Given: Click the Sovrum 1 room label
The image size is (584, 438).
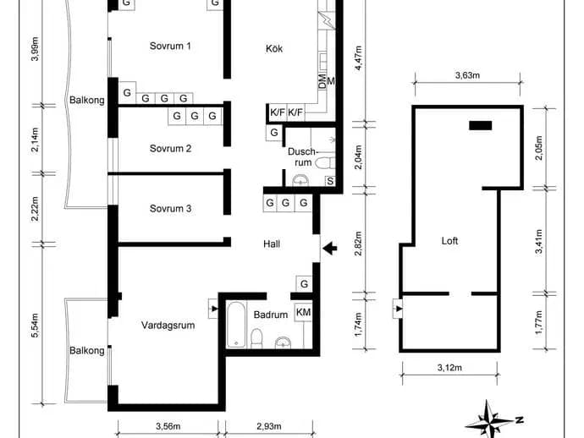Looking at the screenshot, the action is click(x=170, y=46).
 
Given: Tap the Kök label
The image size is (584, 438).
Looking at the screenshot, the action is click(x=274, y=48).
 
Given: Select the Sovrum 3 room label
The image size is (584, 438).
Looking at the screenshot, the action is click(x=171, y=208).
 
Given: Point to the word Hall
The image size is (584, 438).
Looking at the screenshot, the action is click(x=272, y=244).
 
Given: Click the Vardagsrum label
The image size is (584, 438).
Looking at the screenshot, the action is click(x=168, y=326).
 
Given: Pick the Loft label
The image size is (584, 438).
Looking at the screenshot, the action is click(x=449, y=241).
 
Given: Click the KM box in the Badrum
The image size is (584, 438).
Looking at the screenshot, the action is click(x=304, y=312).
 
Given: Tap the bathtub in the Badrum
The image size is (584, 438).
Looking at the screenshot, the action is click(x=236, y=325).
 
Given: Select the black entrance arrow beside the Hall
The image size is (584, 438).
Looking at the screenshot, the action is click(x=329, y=249).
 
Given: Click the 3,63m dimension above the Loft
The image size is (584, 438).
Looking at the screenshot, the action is click(x=467, y=75).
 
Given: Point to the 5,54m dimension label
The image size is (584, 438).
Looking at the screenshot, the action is click(x=35, y=326).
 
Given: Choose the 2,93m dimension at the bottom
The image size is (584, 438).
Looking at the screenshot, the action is click(x=269, y=426).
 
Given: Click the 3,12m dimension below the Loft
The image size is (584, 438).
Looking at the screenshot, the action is click(x=449, y=368).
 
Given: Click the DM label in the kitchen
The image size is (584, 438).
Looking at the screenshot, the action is click(x=322, y=81).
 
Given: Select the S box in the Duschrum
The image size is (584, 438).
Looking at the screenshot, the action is click(x=330, y=181).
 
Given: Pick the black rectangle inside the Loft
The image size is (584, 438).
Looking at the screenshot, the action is click(x=481, y=125).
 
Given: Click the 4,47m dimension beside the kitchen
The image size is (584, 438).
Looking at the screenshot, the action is click(x=358, y=58).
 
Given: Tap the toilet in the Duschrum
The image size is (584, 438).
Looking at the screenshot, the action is click(x=325, y=163).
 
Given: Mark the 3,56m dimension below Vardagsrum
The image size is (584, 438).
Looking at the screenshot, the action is click(x=168, y=426).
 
